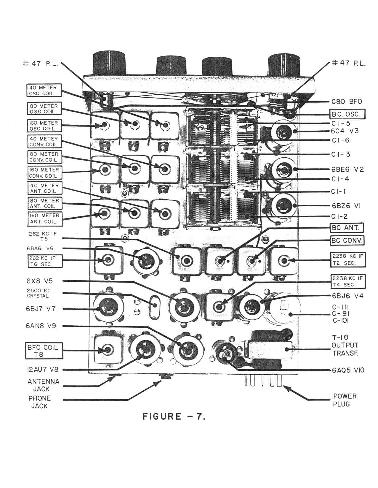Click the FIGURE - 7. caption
coord(174,416)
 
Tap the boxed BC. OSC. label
coord(348,114)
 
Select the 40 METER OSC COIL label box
coord(44,90)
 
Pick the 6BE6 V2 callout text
coord(347,169)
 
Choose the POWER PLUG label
coord(345,400)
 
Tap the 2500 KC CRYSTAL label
coord(39,293)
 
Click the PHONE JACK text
coord(40,402)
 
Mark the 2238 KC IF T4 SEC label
coord(347,281)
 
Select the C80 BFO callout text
coord(347,102)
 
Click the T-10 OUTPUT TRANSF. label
coord(345,345)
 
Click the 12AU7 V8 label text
coord(42,370)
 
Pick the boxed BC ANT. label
coord(347,228)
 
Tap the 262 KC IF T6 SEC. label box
coord(45,261)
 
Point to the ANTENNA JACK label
coord(44,385)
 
